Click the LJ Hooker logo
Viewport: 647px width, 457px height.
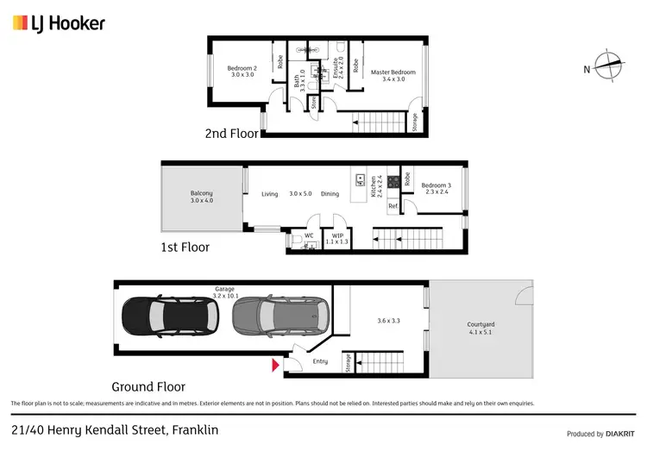58,22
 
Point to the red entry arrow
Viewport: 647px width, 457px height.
275,366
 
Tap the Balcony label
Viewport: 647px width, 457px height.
202,197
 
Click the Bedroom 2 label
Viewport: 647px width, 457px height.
242,72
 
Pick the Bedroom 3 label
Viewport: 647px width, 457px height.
437,189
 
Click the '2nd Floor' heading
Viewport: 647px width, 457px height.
230,134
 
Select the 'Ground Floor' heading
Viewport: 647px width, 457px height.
148,386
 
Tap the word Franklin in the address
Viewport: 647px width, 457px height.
195,429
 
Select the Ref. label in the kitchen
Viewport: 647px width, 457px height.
393,206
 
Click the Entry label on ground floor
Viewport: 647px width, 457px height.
320,361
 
